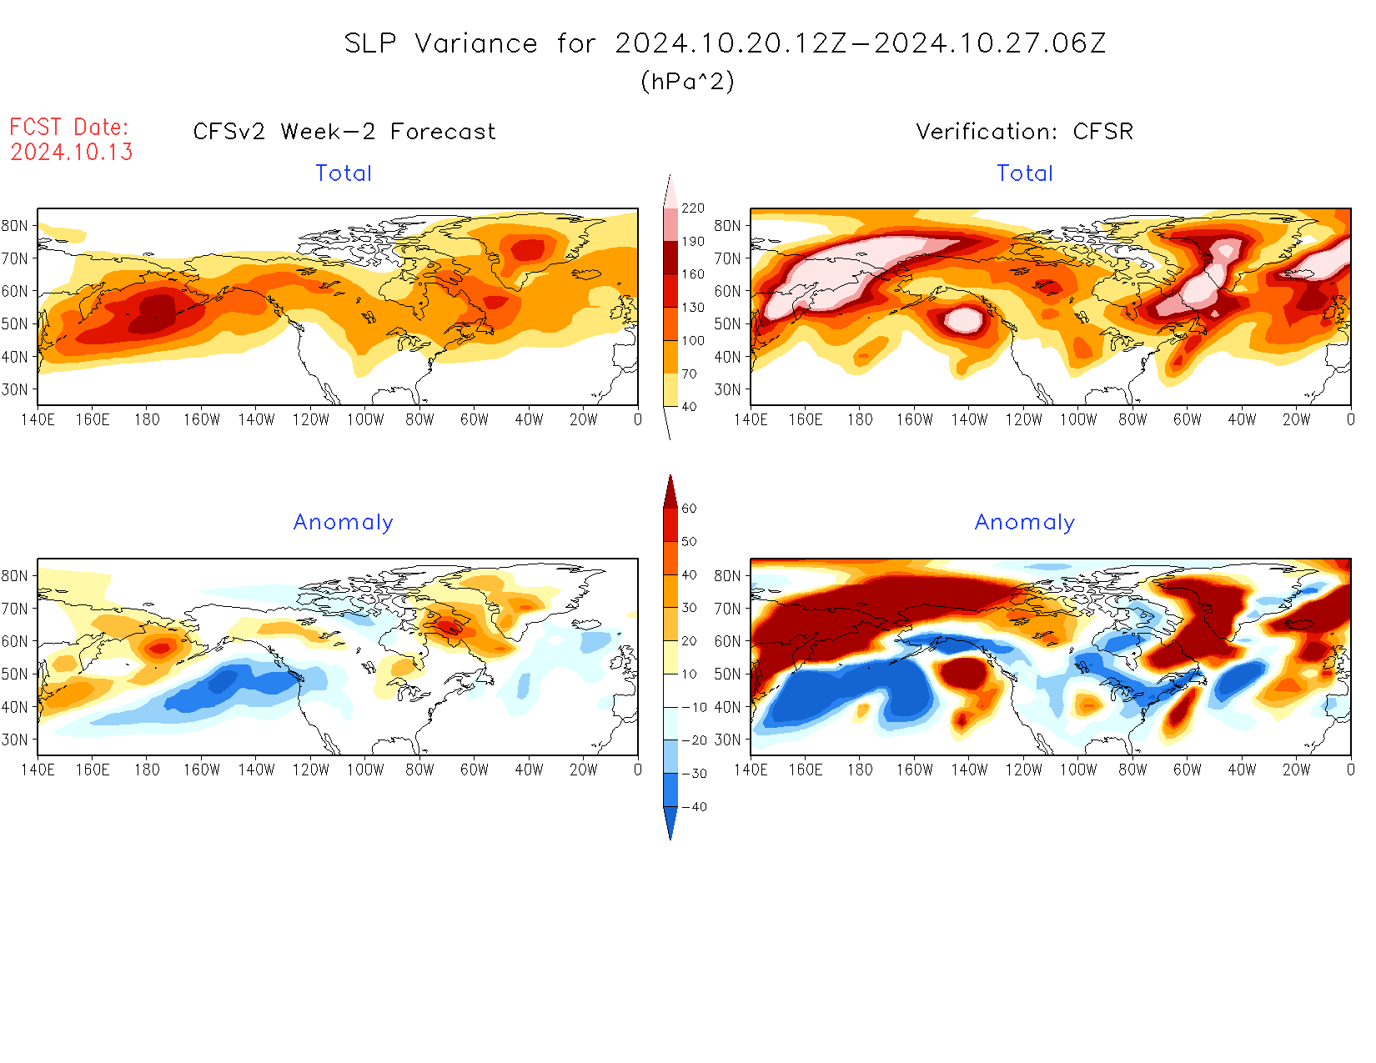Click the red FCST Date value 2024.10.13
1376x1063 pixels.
tap(72, 152)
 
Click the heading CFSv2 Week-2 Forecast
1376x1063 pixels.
tap(344, 132)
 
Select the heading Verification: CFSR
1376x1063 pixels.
tap(1024, 132)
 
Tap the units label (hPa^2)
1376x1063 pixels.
tap(687, 81)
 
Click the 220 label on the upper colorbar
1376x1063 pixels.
tap(692, 208)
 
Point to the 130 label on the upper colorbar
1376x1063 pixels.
tap(692, 308)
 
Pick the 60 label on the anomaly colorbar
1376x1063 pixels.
tap(689, 509)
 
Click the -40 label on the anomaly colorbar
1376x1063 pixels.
tap(693, 807)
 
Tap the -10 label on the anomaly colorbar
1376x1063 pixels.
tap(693, 707)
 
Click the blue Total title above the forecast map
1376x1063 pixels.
tap(344, 173)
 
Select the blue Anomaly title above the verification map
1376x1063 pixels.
tap(1025, 523)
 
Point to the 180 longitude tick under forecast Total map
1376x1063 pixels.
tap(147, 420)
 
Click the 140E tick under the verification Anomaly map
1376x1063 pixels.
tap(751, 770)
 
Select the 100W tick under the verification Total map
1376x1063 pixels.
tap(1078, 420)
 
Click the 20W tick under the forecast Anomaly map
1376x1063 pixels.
tap(583, 770)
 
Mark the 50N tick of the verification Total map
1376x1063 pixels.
tap(727, 323)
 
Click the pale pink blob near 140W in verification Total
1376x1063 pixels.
tap(964, 319)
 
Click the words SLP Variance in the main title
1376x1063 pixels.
tap(440, 43)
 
